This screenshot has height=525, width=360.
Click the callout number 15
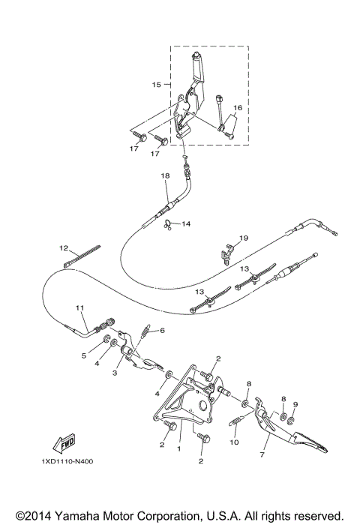[156, 85]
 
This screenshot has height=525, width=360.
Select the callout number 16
[237, 108]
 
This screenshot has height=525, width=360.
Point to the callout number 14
[185, 223]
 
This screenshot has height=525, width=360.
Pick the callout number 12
[64, 247]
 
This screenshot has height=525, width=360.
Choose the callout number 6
[160, 330]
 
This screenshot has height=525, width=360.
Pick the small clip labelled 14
[170, 224]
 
